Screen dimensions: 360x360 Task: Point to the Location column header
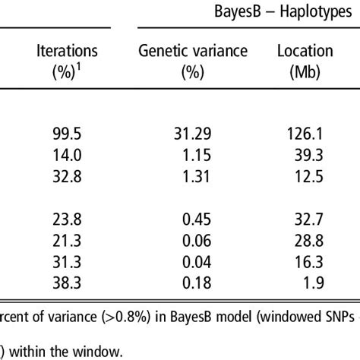click(x=306, y=60)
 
